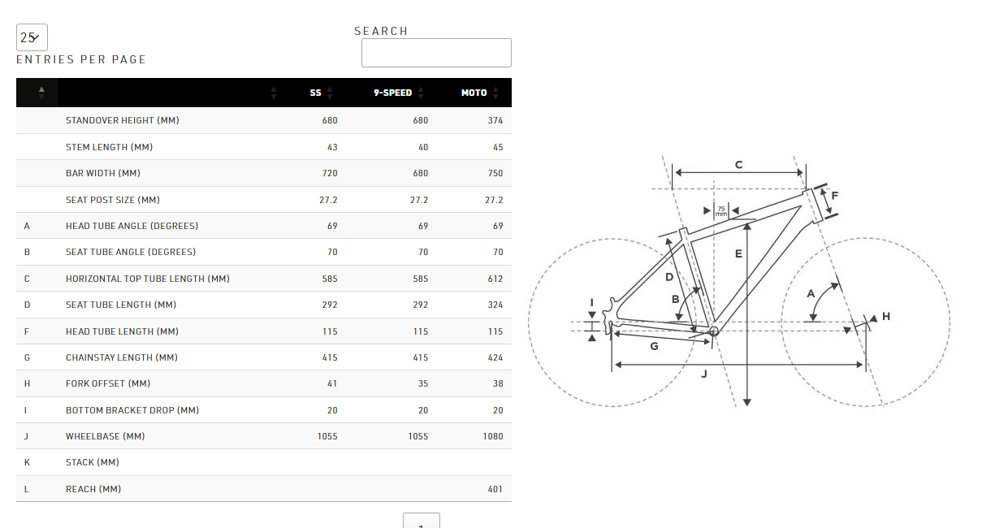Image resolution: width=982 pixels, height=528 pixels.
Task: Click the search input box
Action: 436,53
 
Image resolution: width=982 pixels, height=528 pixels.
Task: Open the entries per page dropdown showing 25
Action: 32,37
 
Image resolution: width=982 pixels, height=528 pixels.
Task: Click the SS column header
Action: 315,93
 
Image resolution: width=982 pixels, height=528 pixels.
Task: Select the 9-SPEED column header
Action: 392,93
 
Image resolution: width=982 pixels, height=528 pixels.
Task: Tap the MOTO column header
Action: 474,93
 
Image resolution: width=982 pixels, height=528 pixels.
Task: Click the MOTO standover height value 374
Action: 495,120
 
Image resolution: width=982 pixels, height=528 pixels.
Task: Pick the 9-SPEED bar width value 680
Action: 421,173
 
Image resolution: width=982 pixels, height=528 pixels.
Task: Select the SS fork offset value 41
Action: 332,383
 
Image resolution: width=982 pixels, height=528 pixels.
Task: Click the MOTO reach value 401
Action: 495,489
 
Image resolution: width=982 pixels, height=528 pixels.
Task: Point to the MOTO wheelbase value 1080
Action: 493,436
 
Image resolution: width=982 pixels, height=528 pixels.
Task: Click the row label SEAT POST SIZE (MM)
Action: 113,200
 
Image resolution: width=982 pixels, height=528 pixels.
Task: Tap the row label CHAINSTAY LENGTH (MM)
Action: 122,358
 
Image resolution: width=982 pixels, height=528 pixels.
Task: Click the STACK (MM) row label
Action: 92,463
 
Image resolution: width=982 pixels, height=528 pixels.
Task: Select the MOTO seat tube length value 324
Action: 495,305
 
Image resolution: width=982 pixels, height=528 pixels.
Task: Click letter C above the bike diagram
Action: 738,165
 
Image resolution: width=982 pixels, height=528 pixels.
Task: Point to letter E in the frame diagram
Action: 738,253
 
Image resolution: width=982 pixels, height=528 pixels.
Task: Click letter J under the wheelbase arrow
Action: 704,374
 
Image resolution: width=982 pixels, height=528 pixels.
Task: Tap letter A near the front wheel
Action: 811,293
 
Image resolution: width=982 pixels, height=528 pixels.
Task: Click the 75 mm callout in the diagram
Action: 721,211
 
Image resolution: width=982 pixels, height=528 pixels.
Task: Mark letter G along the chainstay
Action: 654,346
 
